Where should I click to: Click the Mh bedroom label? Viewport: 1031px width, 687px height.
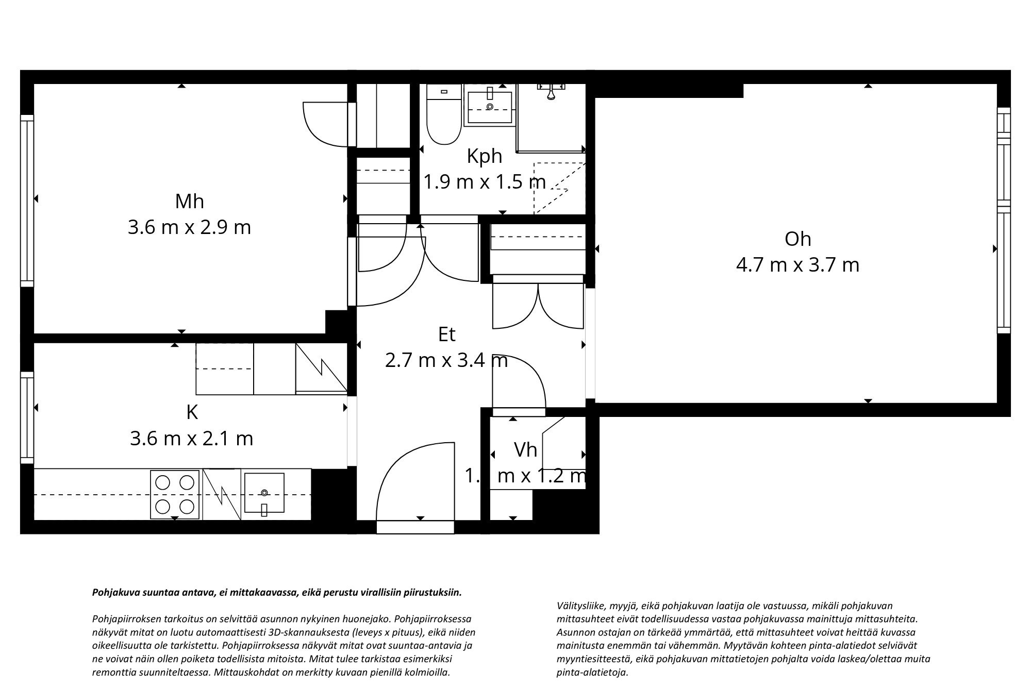click(x=189, y=202)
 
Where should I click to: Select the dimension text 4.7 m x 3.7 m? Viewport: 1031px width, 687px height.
click(x=797, y=265)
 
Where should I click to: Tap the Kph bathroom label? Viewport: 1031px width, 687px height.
click(x=484, y=156)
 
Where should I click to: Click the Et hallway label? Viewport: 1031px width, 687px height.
click(x=446, y=335)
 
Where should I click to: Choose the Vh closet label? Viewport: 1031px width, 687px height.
click(x=525, y=450)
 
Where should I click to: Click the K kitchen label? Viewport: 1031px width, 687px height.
click(x=192, y=412)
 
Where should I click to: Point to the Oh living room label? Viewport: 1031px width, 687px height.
click(x=797, y=239)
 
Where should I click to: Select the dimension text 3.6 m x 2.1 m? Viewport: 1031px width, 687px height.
click(x=191, y=439)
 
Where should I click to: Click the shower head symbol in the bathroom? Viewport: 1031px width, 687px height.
click(x=551, y=93)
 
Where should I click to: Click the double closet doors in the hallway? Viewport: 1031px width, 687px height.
click(x=538, y=307)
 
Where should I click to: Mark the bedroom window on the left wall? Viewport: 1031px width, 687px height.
click(x=27, y=200)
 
